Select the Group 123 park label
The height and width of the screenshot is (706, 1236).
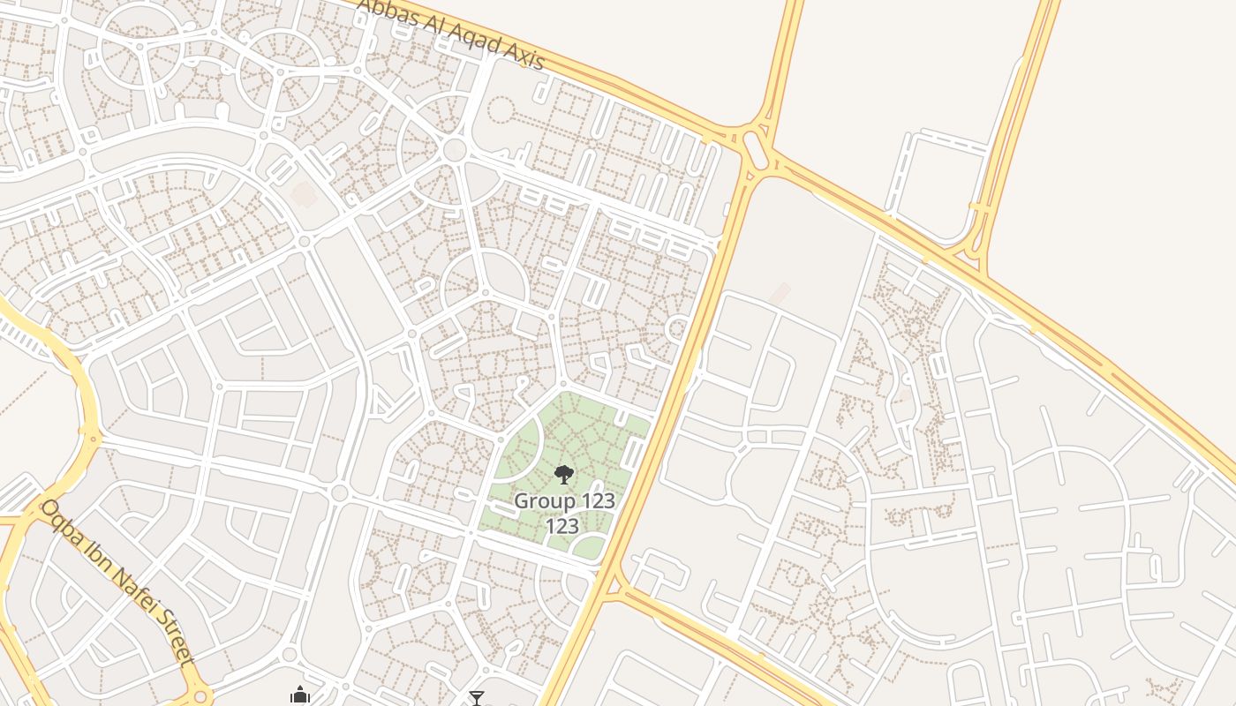(x=564, y=501)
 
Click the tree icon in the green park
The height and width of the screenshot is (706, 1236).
(x=564, y=475)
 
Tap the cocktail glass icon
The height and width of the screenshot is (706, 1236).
(x=477, y=698)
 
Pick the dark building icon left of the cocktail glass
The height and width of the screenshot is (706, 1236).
(x=300, y=696)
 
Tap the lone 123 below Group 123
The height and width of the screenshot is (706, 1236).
(x=561, y=527)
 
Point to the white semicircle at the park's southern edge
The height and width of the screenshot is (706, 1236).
(x=588, y=547)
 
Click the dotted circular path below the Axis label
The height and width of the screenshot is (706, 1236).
(x=501, y=110)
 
